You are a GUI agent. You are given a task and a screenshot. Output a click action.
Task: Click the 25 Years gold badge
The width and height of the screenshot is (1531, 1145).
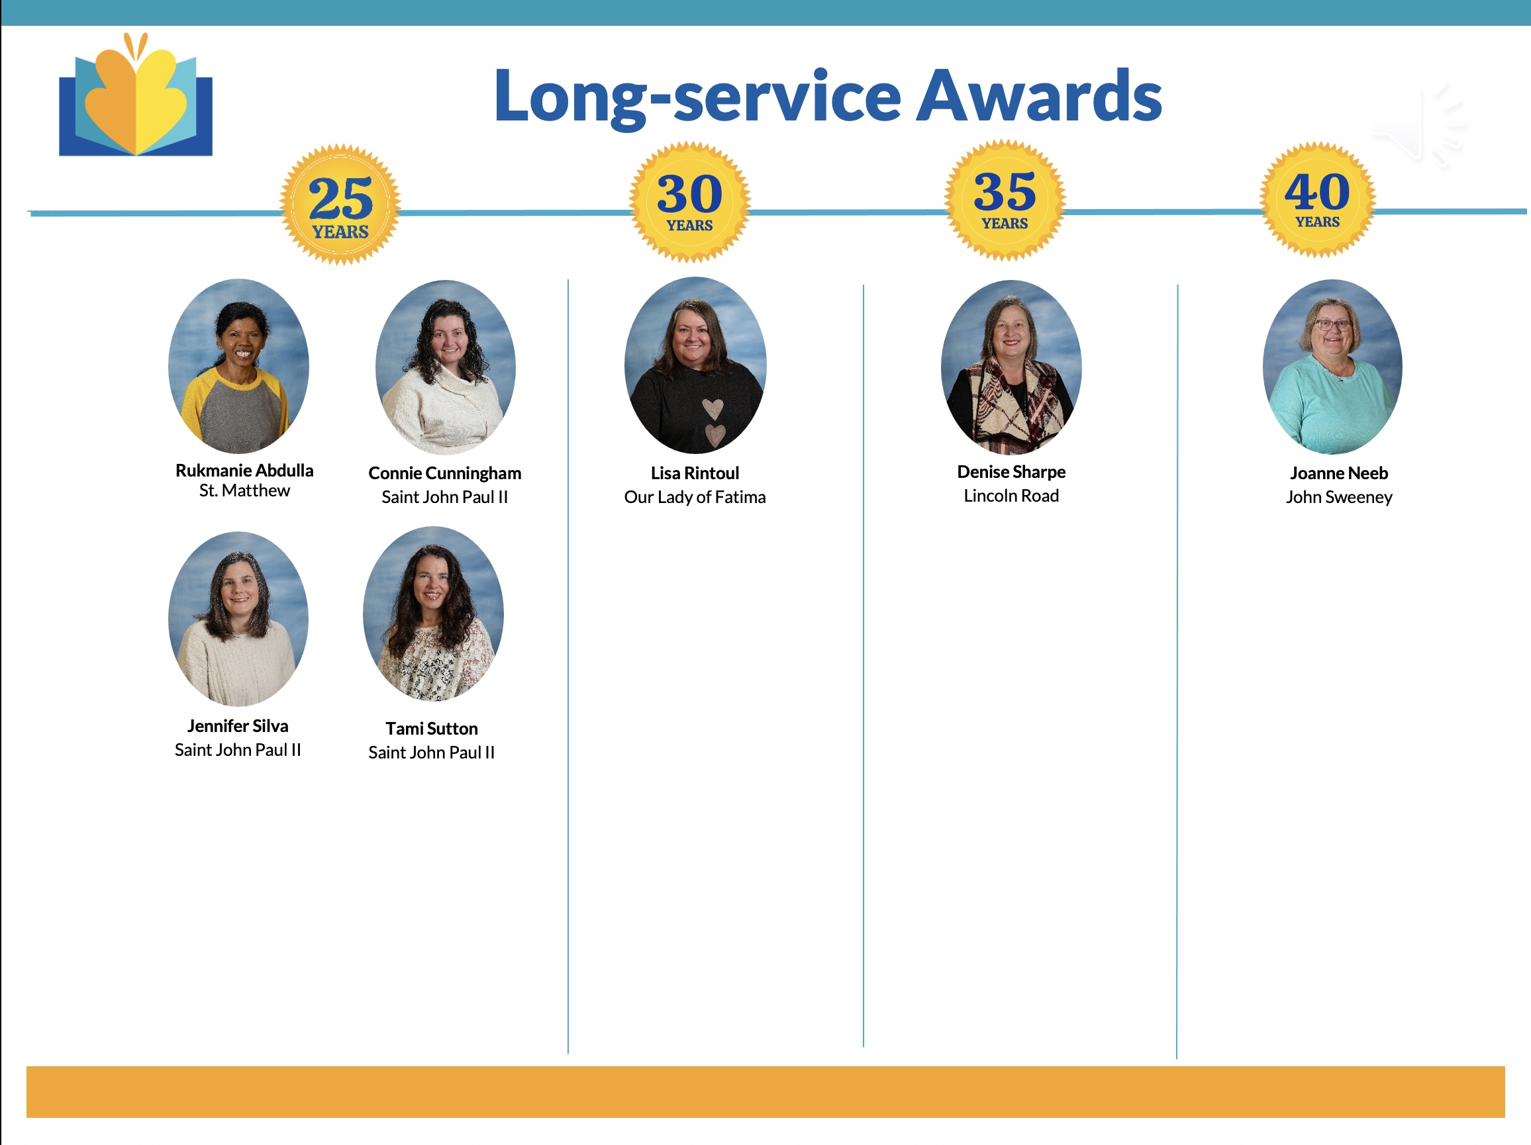click(340, 205)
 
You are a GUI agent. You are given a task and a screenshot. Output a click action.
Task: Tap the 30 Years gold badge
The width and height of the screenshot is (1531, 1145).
click(689, 202)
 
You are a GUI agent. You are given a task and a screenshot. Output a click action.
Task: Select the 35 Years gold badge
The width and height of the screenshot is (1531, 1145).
click(1005, 200)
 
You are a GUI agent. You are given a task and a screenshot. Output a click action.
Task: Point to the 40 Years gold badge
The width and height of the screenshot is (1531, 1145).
click(1318, 199)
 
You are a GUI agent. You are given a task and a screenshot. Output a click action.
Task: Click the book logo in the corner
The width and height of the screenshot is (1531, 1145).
click(136, 94)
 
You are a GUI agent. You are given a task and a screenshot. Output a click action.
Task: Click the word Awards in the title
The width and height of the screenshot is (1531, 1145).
click(1039, 96)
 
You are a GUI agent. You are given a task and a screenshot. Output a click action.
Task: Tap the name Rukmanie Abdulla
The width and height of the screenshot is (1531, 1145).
click(244, 471)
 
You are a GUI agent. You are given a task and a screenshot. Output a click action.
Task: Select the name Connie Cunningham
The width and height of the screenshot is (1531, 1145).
click(444, 473)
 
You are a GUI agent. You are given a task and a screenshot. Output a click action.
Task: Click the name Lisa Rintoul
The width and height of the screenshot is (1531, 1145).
click(695, 473)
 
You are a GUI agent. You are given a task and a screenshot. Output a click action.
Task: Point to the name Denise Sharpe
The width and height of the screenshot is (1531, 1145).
click(1011, 472)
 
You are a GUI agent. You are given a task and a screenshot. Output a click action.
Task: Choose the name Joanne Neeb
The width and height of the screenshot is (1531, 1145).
click(1338, 473)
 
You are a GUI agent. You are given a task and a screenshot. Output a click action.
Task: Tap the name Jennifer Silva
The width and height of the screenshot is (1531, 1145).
click(238, 726)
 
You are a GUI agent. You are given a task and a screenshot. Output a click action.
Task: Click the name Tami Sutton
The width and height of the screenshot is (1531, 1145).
click(432, 729)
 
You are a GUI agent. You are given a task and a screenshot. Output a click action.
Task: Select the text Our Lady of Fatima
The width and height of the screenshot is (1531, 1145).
click(695, 498)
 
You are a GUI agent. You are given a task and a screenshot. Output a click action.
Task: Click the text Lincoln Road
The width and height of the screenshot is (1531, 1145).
click(1011, 496)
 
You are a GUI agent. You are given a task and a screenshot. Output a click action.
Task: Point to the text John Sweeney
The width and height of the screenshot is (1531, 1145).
click(1338, 498)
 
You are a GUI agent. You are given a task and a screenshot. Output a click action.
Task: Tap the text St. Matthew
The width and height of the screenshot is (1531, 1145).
click(244, 490)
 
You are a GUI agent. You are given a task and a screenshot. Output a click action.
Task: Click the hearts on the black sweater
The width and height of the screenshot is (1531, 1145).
click(714, 422)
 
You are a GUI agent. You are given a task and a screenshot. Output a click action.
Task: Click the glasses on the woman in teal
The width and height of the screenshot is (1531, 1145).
click(1334, 325)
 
